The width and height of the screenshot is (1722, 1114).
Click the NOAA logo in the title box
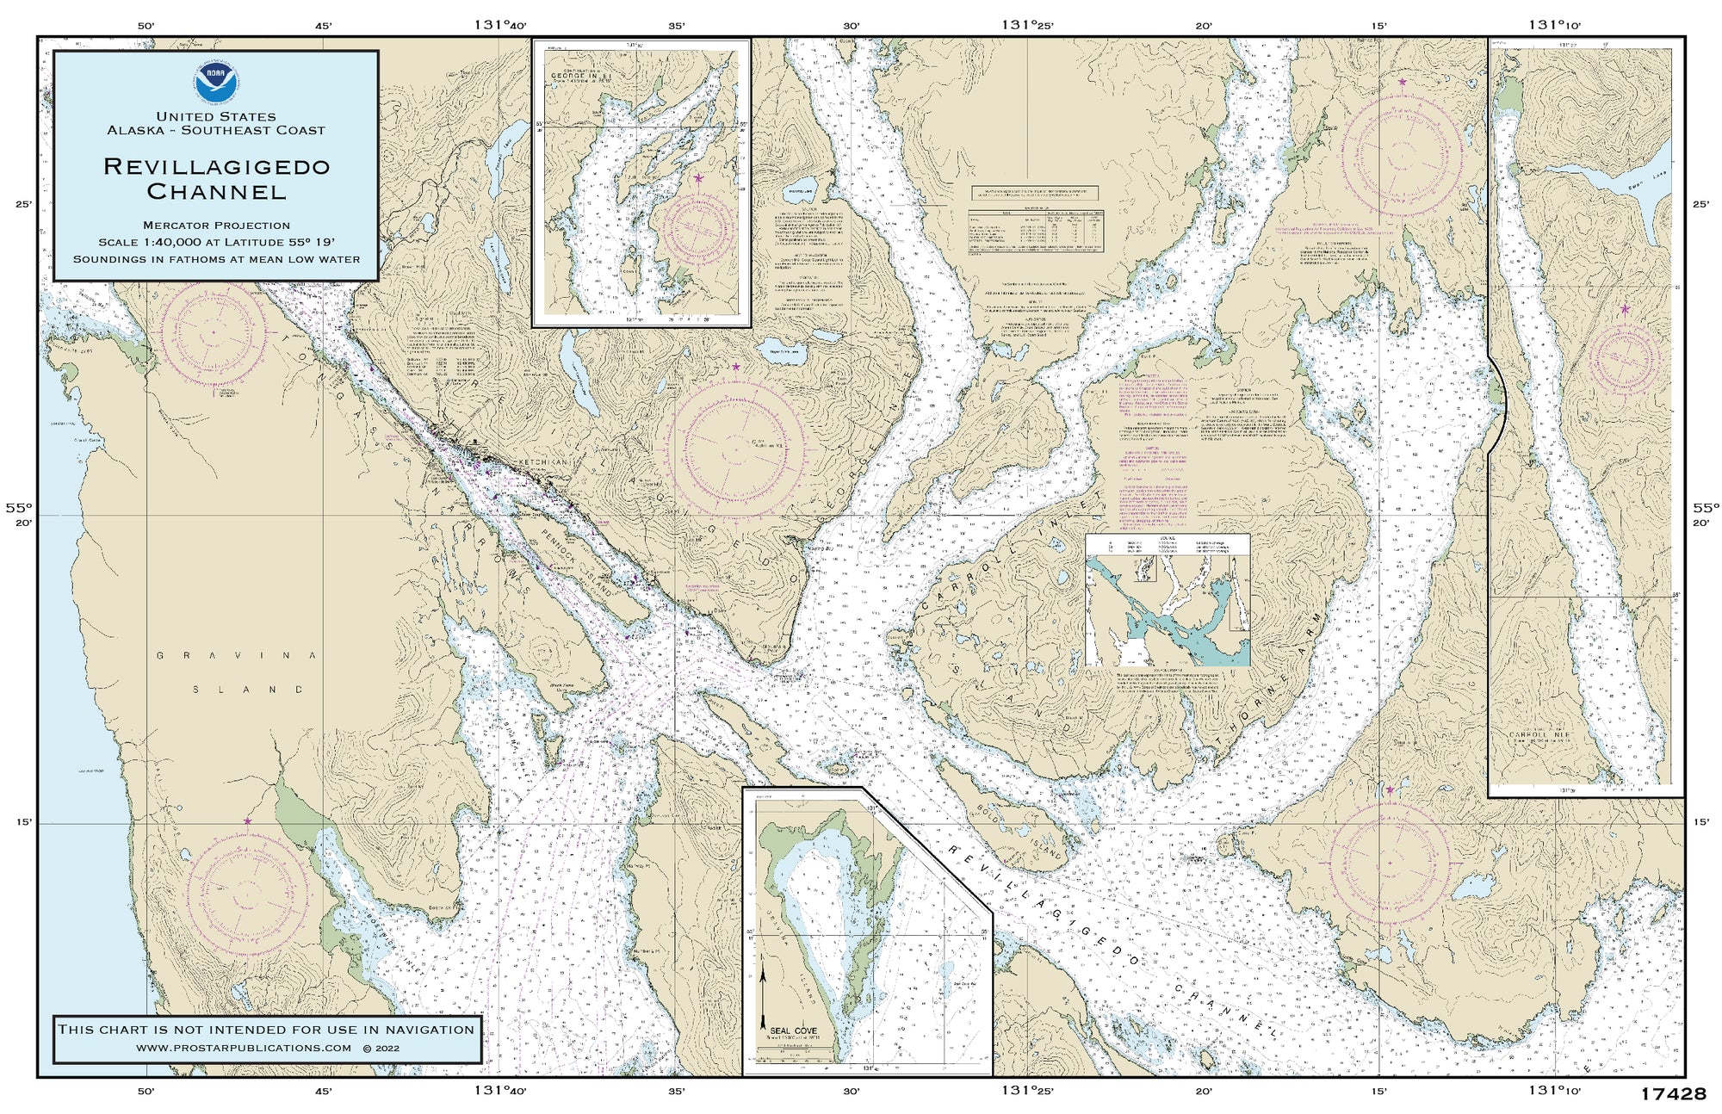216,83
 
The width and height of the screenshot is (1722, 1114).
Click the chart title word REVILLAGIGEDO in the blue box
216,166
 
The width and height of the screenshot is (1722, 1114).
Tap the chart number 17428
1672,1094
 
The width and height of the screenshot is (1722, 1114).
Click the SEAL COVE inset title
793,1030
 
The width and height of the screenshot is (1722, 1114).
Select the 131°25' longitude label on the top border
1026,25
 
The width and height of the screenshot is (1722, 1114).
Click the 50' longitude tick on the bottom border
146,1092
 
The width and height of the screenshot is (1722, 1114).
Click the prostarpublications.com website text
244,1048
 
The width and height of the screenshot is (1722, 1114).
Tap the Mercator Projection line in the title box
216,225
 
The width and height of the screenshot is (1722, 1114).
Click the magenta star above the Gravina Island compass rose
247,821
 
